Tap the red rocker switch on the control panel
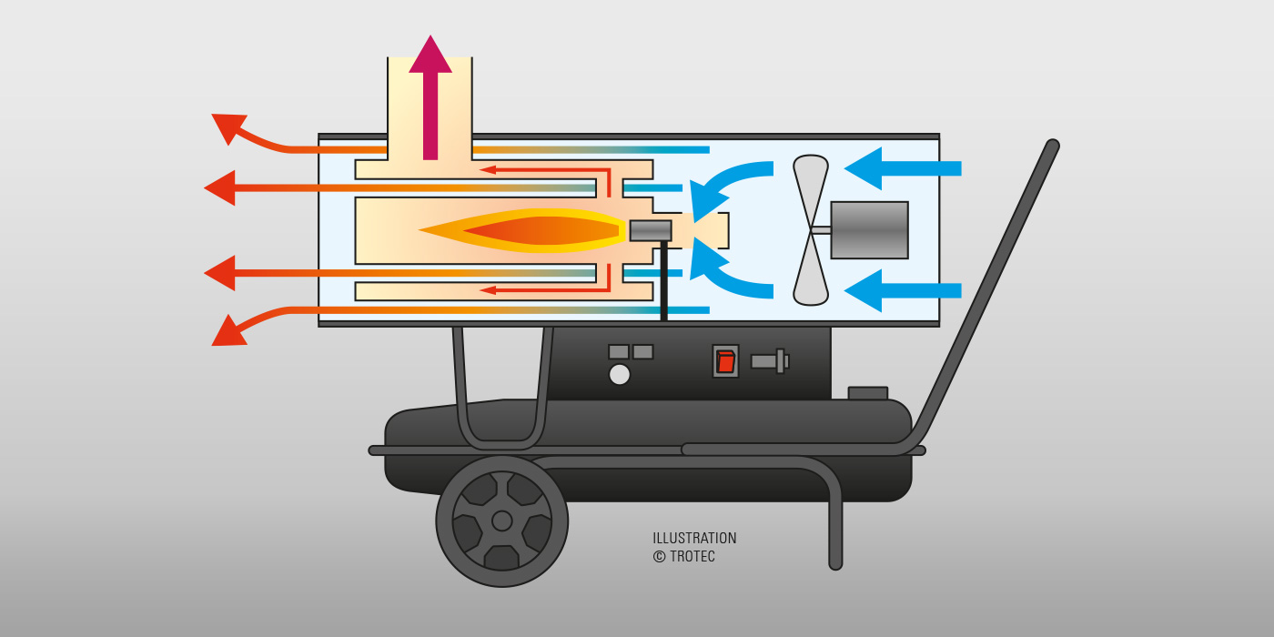tap(726, 361)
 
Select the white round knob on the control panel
tap(620, 375)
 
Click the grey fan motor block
tap(870, 229)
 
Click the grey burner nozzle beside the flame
tap(651, 230)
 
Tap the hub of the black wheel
tap(501, 521)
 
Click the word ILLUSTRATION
tap(694, 538)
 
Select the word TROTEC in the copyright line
tap(693, 556)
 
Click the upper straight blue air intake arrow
tap(903, 168)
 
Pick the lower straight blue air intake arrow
tap(903, 290)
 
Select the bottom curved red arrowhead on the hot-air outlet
tap(228, 332)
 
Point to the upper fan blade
tap(811, 187)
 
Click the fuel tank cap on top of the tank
tap(868, 393)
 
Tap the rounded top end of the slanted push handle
tap(1052, 146)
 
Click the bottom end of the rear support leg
tap(835, 563)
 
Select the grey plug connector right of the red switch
tap(770, 361)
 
